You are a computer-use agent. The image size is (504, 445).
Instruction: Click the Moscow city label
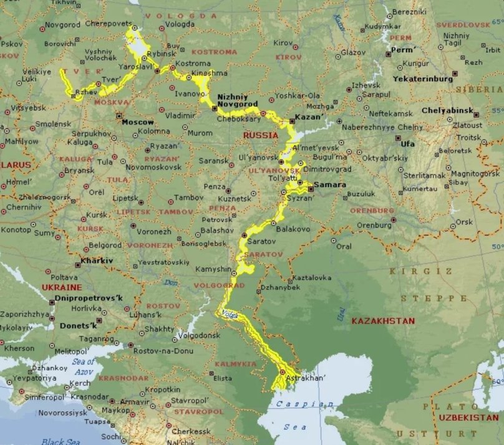coord(137,122)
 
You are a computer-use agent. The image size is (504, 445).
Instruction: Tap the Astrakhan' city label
coord(306,378)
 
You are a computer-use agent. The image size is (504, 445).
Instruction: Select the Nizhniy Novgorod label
coord(233,100)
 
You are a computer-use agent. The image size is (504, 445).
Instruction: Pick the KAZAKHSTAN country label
coord(383,321)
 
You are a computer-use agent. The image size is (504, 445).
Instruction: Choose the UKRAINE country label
coord(62,287)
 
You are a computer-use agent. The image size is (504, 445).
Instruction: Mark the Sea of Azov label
coord(84,366)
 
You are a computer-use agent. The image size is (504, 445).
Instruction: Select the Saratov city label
coord(261,241)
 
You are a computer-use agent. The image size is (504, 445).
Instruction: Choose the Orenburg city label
coord(374,225)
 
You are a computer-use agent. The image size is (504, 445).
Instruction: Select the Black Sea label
coord(62,441)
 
